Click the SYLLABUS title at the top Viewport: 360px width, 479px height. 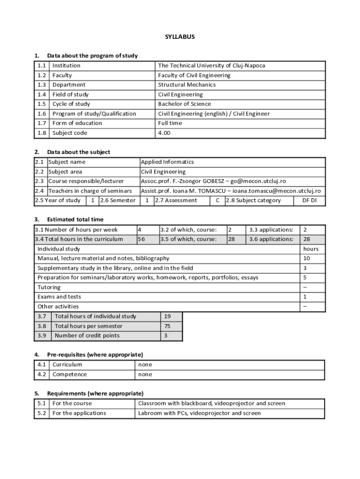click(x=180, y=36)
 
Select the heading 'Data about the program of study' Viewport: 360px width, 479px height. click(x=92, y=56)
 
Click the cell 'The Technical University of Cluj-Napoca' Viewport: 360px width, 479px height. click(x=211, y=65)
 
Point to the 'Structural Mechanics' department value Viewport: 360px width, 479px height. click(x=187, y=85)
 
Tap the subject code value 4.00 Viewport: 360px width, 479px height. click(x=164, y=133)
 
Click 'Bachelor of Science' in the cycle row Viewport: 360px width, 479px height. click(x=184, y=104)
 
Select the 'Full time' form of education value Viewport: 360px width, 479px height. click(x=170, y=123)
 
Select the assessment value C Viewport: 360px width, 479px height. click(x=217, y=200)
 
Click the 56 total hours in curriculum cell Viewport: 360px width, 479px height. click(x=141, y=239)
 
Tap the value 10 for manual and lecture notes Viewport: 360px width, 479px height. click(x=307, y=258)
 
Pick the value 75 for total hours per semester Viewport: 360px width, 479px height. click(x=167, y=326)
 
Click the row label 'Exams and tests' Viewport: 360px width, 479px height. click(x=59, y=297)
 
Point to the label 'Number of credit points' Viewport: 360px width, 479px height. click(x=87, y=335)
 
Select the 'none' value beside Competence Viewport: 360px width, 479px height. click(x=145, y=374)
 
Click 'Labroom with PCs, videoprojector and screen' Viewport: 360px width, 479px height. click(x=199, y=413)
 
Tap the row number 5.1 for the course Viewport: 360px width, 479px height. click(x=42, y=403)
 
